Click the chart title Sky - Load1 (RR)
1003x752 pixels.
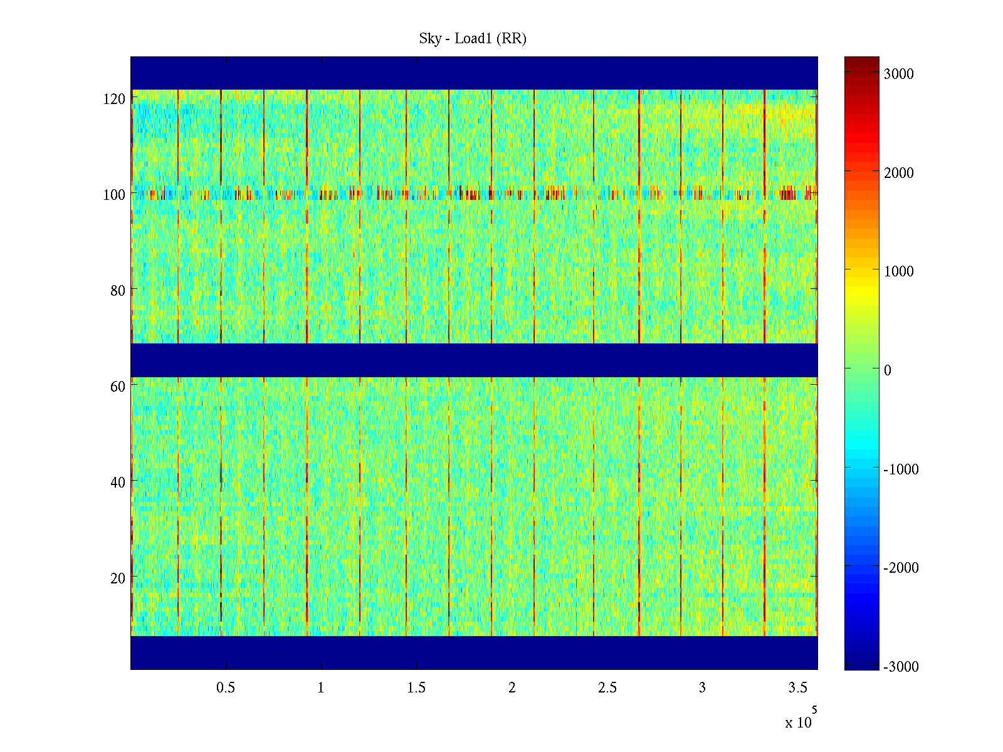point(473,39)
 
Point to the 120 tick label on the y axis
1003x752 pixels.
point(113,99)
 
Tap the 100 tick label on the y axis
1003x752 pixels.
point(113,195)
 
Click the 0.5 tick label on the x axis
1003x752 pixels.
point(226,688)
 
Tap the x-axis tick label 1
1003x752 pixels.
point(321,688)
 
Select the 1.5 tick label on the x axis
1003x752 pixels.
point(416,688)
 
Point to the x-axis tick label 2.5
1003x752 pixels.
point(607,688)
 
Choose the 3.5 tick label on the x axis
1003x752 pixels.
point(797,688)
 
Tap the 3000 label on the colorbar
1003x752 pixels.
point(899,74)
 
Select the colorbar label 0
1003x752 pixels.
point(887,370)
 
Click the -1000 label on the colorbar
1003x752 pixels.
point(901,469)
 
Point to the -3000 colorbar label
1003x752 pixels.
point(901,667)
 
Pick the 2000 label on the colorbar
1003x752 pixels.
point(899,173)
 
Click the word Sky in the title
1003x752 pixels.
point(430,39)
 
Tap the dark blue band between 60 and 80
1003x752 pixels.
point(474,360)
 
